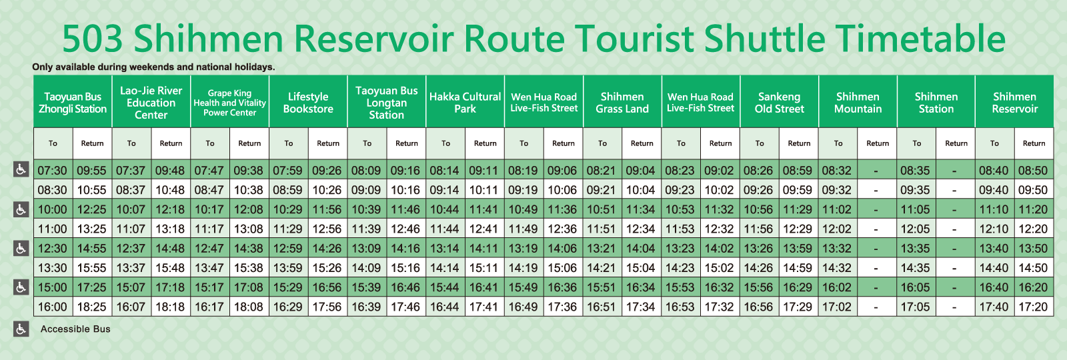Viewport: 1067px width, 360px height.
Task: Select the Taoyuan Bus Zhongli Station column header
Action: point(73,103)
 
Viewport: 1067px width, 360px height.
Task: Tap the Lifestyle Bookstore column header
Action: point(308,103)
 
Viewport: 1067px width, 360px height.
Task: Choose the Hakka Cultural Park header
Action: point(465,103)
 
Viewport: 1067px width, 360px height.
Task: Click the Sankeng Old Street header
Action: point(780,103)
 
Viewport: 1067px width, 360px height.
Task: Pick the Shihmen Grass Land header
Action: point(622,103)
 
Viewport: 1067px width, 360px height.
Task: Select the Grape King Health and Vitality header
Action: point(229,103)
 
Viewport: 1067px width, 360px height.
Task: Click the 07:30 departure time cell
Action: point(53,171)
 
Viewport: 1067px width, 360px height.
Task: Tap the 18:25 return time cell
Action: point(91,307)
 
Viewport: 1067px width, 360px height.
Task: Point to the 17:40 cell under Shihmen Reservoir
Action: point(994,307)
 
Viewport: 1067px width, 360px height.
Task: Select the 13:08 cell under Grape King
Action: point(249,229)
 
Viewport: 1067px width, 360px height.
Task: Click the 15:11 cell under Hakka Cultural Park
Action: point(483,268)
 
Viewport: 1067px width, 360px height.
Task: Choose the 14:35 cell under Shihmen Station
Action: point(915,268)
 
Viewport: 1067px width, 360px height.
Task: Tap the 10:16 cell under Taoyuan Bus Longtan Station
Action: point(405,190)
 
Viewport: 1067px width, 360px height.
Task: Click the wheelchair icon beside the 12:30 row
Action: point(21,248)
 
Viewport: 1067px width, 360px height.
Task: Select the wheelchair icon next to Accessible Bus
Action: point(21,329)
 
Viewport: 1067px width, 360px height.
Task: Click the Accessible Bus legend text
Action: point(75,329)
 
